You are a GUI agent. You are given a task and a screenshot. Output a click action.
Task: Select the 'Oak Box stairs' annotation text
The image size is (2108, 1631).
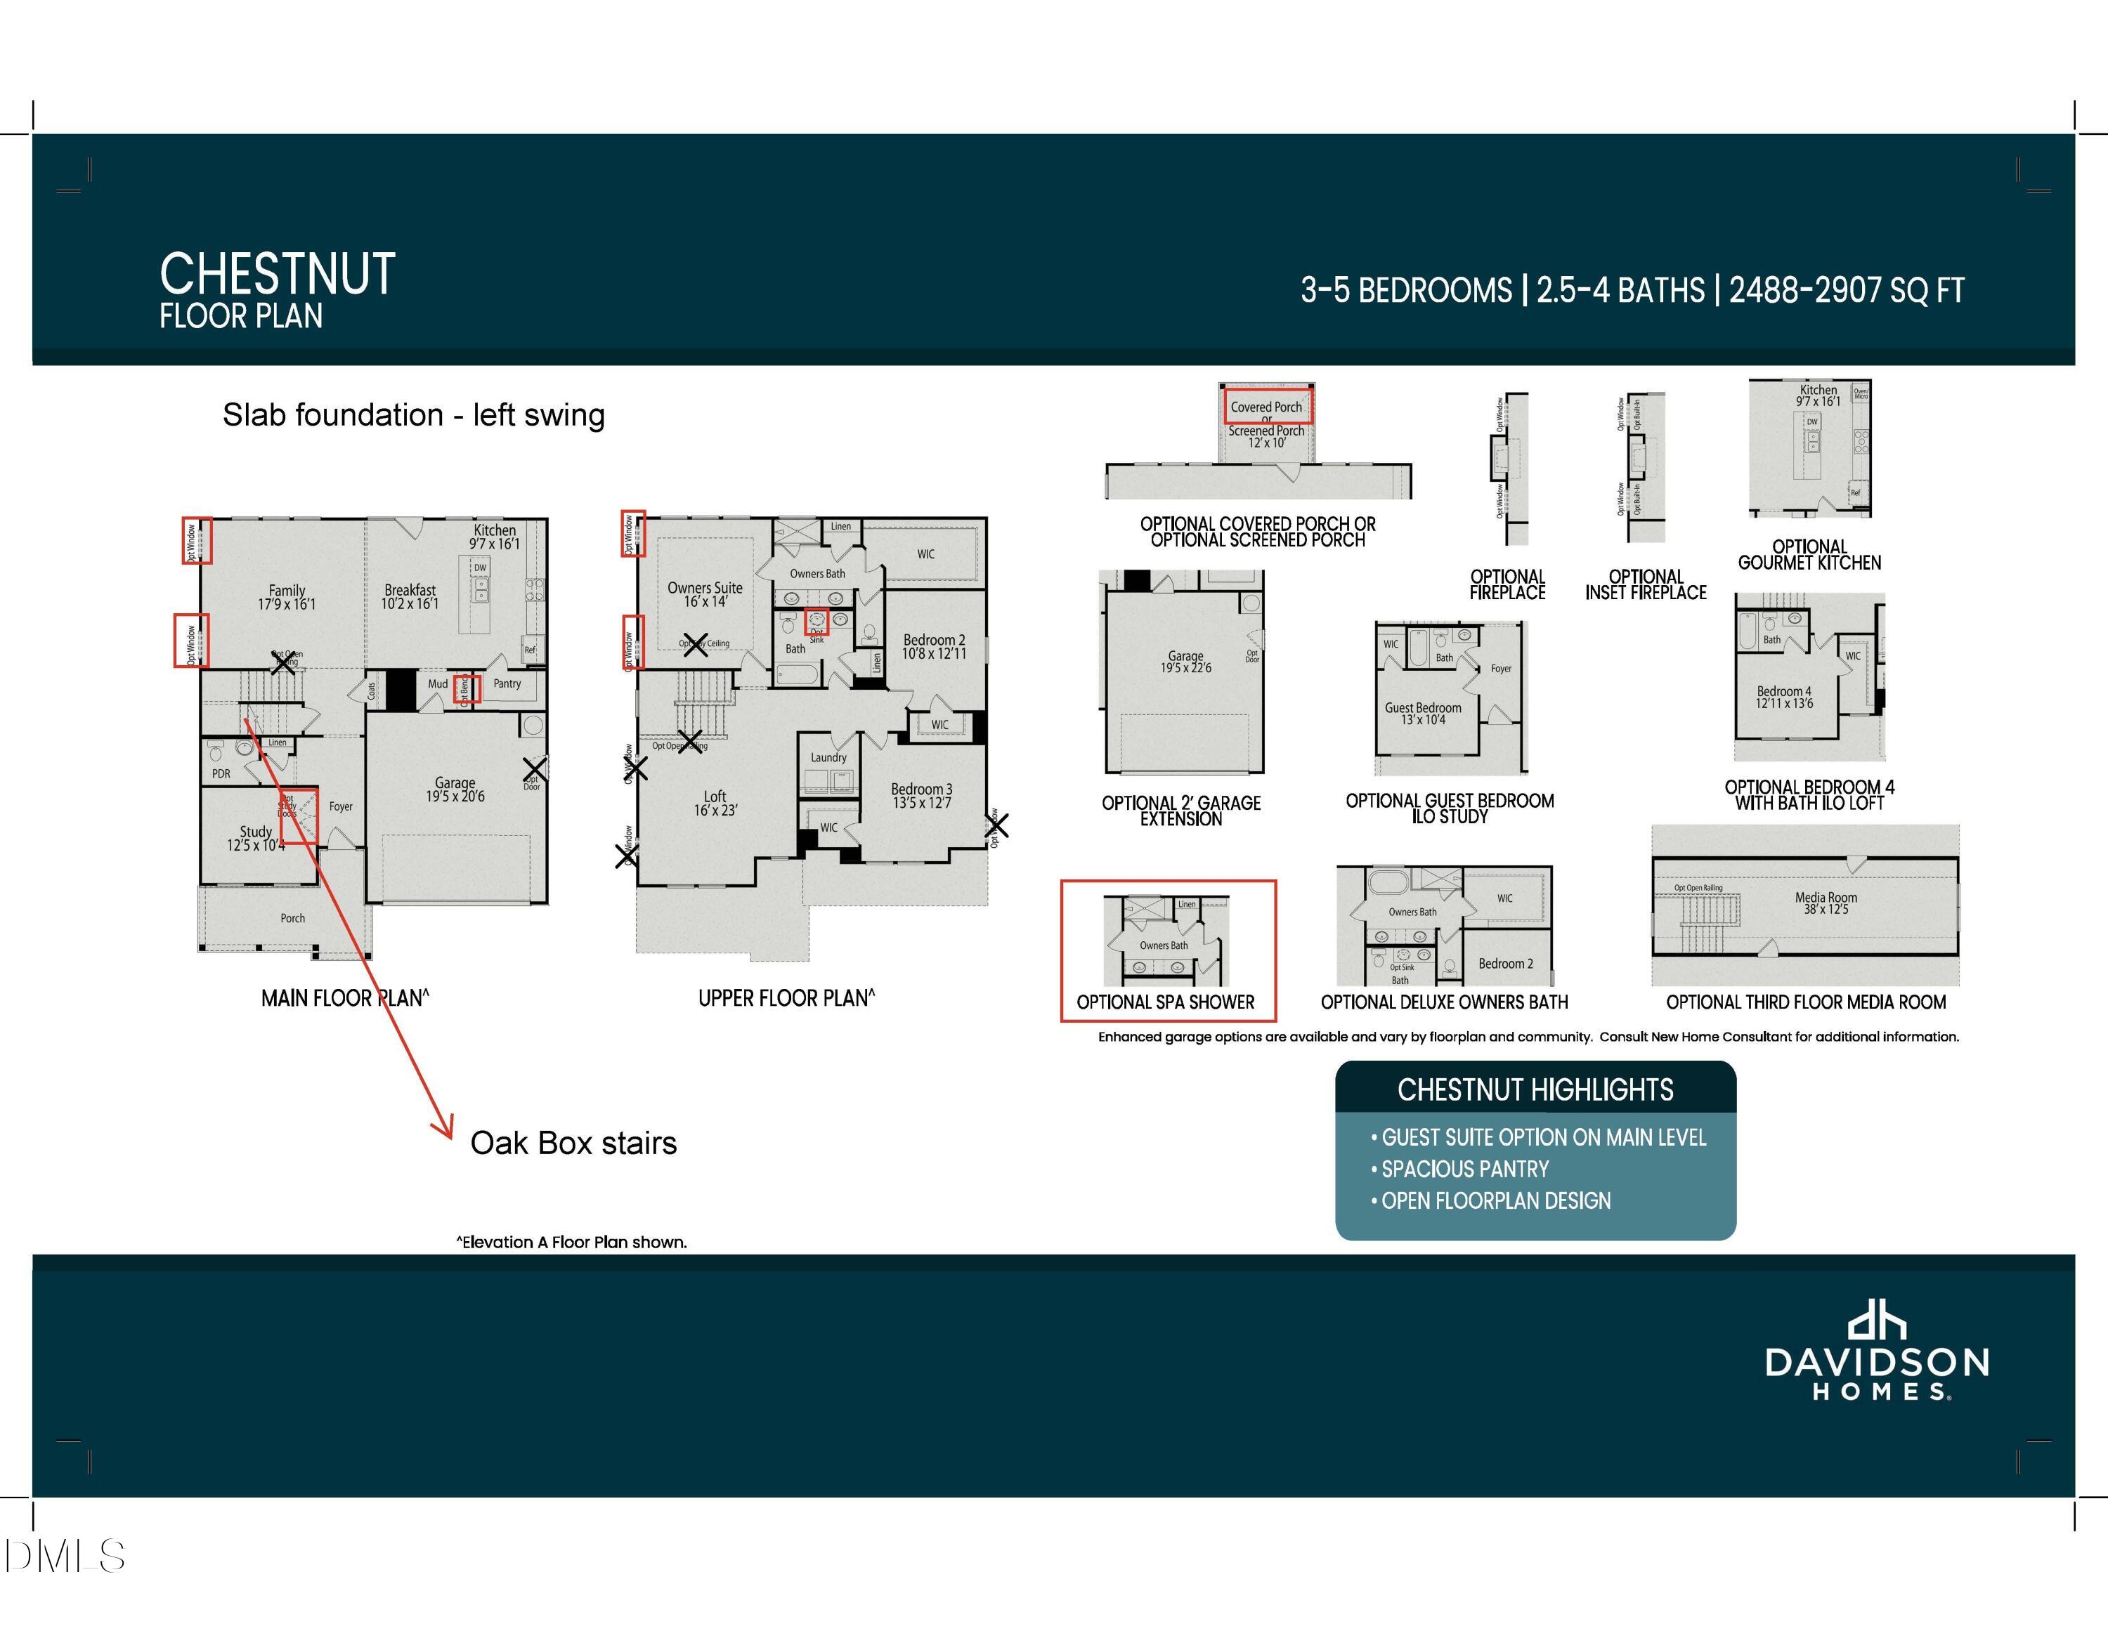pyautogui.click(x=573, y=1143)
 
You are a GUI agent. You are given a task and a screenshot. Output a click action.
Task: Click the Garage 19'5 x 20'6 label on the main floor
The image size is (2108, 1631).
pyautogui.click(x=455, y=790)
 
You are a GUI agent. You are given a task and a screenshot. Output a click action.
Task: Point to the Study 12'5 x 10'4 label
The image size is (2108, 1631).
pyautogui.click(x=256, y=839)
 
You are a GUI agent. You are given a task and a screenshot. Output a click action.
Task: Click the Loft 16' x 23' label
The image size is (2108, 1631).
pyautogui.click(x=714, y=803)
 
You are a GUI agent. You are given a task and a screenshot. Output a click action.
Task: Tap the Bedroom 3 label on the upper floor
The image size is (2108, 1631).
pyautogui.click(x=920, y=795)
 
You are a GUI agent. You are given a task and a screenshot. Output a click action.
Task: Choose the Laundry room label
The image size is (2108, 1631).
pyautogui.click(x=828, y=758)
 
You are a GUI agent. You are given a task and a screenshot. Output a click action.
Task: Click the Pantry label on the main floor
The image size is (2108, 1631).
pyautogui.click(x=507, y=683)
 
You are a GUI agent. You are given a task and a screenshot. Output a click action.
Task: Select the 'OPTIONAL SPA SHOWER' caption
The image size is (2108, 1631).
pyautogui.click(x=1165, y=1002)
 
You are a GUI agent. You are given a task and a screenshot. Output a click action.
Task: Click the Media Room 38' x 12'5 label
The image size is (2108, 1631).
pyautogui.click(x=1826, y=903)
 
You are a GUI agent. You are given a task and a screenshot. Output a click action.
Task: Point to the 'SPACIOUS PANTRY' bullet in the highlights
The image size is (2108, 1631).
pyautogui.click(x=1464, y=1169)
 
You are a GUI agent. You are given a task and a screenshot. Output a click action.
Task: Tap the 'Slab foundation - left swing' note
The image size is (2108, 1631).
pyautogui.click(x=413, y=415)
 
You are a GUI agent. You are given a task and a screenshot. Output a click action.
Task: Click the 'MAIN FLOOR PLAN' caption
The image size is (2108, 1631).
pyautogui.click(x=344, y=998)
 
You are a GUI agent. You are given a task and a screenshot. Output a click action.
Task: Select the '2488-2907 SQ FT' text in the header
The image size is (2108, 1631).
pyautogui.click(x=1845, y=291)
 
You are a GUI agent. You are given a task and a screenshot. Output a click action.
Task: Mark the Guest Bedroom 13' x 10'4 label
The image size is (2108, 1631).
pyautogui.click(x=1423, y=713)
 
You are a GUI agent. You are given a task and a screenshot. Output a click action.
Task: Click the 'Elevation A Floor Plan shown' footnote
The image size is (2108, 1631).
pyautogui.click(x=571, y=1242)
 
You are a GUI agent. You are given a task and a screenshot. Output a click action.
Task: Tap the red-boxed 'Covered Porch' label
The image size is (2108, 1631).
pyautogui.click(x=1266, y=407)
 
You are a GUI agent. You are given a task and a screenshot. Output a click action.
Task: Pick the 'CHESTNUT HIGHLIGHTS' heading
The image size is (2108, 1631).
pyautogui.click(x=1535, y=1089)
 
